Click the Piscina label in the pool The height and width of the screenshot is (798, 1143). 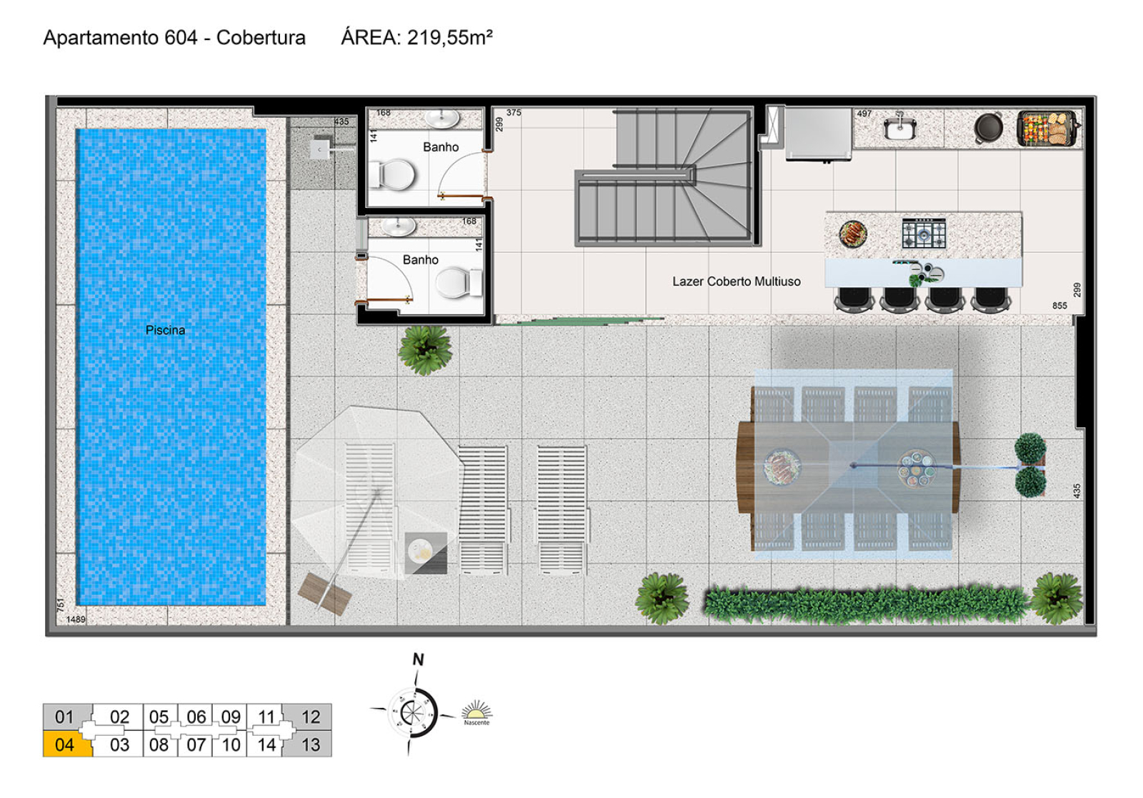[x=165, y=330]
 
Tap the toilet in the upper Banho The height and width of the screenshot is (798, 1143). [x=393, y=174]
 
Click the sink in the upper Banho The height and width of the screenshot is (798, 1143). [x=442, y=119]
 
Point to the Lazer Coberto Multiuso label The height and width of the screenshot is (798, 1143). [x=737, y=281]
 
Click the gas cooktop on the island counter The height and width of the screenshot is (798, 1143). [x=924, y=233]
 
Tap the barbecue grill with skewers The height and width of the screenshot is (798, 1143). [x=1048, y=129]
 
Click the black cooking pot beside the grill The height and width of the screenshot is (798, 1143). [x=989, y=127]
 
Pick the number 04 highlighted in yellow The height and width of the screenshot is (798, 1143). [x=64, y=744]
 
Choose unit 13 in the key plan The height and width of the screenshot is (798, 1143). [x=310, y=744]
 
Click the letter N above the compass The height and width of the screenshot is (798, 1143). [x=419, y=659]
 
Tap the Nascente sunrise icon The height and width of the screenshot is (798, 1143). [x=476, y=712]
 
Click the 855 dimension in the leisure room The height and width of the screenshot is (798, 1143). [x=1059, y=306]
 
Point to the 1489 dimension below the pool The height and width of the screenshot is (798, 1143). [x=76, y=619]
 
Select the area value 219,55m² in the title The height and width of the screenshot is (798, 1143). [x=449, y=37]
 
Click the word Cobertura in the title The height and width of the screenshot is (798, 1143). [x=261, y=37]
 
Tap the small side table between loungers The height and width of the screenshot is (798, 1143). [x=426, y=553]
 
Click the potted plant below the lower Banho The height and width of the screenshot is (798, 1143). [x=425, y=350]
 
